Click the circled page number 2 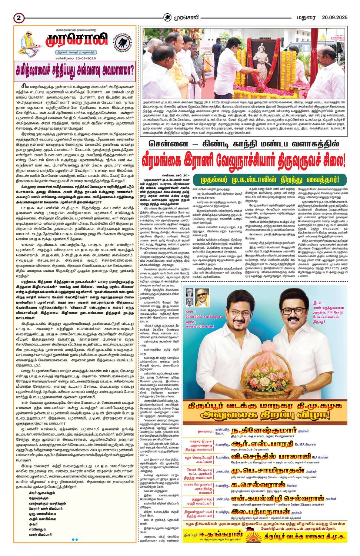[19, 18]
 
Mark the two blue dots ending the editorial [74, 539]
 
